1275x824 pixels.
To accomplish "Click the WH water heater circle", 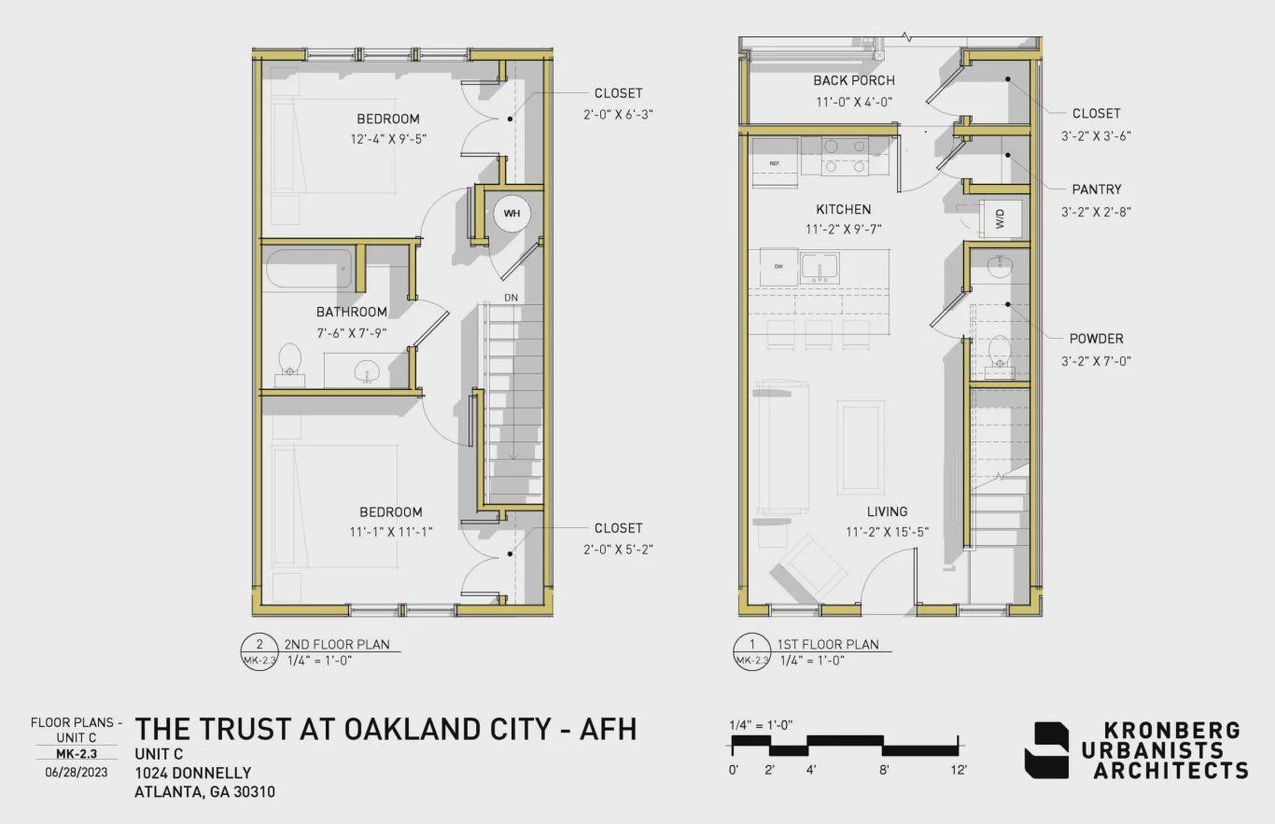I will click(511, 214).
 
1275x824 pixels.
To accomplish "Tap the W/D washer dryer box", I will click(999, 219).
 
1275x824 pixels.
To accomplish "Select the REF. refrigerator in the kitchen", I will click(775, 163).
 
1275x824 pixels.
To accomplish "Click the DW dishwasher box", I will click(778, 267).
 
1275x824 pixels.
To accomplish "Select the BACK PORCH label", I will click(854, 80).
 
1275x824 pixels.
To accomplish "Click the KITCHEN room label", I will click(844, 209).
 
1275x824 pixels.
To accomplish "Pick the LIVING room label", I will click(887, 511).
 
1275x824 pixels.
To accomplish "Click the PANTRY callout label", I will click(1097, 189).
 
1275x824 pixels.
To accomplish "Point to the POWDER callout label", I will click(1097, 339).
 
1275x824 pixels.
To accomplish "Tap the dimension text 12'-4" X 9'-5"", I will click(387, 139).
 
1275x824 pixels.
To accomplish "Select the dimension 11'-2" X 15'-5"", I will click(887, 532).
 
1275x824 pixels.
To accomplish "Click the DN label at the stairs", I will click(511, 298).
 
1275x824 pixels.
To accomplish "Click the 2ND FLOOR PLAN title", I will click(337, 644).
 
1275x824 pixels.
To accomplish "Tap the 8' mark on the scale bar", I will click(883, 770).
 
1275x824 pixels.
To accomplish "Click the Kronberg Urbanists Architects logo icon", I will click(1046, 750).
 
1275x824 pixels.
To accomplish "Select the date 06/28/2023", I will click(76, 772).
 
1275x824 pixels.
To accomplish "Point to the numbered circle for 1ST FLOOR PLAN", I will click(753, 644).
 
